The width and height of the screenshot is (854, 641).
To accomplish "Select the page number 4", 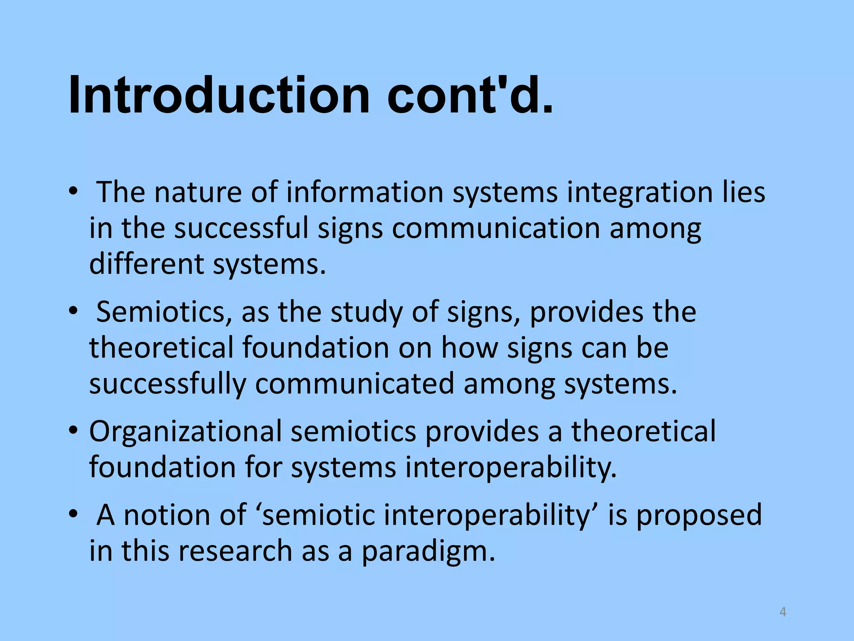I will pyautogui.click(x=783, y=612).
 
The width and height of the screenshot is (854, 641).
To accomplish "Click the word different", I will pyautogui.click(x=146, y=264).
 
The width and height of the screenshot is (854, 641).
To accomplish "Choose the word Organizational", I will pyautogui.click(x=186, y=432).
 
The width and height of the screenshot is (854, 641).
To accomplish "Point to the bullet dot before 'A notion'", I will pyautogui.click(x=74, y=514).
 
